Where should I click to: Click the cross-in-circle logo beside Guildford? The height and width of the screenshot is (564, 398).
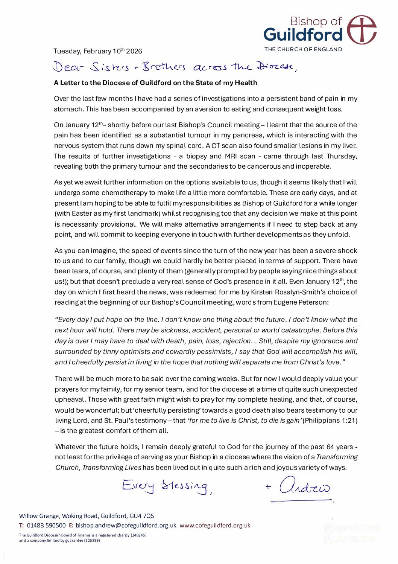pyautogui.click(x=361, y=30)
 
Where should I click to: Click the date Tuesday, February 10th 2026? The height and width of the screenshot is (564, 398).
pyautogui.click(x=97, y=51)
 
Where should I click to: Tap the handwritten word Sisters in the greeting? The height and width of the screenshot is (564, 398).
pyautogui.click(x=109, y=67)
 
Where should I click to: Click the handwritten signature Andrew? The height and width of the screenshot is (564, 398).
pyautogui.click(x=304, y=487)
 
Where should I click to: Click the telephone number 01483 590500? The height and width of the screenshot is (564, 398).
pyautogui.click(x=46, y=525)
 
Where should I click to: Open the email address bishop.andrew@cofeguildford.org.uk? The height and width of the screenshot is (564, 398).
pyautogui.click(x=126, y=525)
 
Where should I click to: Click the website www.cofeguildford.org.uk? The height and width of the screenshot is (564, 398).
pyautogui.click(x=215, y=525)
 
